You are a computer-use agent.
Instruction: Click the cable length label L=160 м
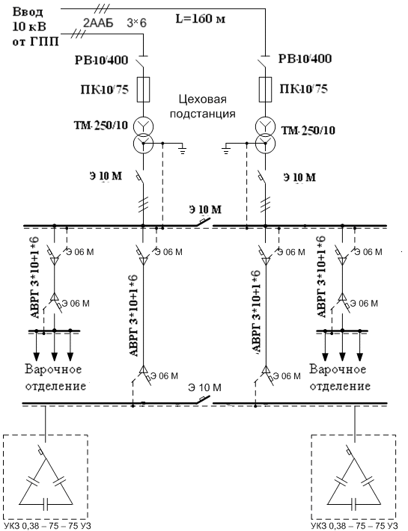201,19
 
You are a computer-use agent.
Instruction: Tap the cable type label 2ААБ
98,23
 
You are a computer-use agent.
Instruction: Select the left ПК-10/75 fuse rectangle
143,90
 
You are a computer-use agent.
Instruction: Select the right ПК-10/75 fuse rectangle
265,90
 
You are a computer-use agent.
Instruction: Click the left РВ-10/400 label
101,61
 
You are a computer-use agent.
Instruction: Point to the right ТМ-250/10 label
308,130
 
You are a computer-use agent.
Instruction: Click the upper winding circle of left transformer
143,126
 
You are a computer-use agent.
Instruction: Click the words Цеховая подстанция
203,106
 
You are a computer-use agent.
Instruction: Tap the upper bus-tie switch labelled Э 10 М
204,222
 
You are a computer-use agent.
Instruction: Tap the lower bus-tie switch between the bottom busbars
204,399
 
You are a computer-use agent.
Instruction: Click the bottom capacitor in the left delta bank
46,504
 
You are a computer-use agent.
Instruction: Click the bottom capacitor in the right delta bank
354,504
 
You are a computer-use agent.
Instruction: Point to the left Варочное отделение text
55,377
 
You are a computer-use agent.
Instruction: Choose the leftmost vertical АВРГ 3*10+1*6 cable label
35,277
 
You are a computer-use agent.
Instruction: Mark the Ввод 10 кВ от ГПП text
35,27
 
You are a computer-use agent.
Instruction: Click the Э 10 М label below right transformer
299,177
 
